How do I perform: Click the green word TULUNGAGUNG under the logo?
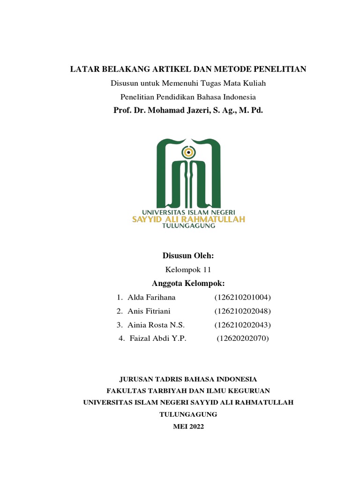pos(188,226)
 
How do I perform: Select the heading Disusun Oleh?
pos(188,255)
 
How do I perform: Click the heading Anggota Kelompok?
pos(188,283)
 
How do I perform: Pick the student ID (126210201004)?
pos(243,297)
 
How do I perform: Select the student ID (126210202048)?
pos(243,311)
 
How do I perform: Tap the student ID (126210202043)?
pos(243,324)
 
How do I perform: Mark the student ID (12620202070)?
pos(243,338)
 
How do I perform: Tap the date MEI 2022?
pos(188,426)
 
